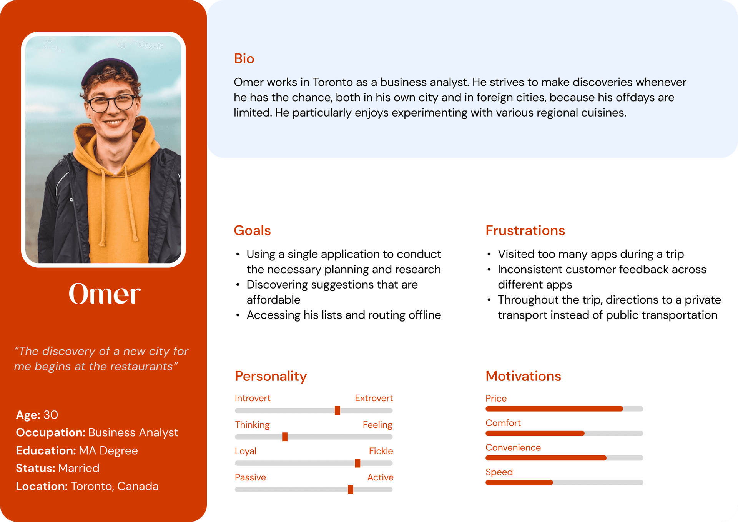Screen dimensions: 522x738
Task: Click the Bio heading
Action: [x=244, y=59]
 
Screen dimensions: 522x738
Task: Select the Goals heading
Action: [x=252, y=230]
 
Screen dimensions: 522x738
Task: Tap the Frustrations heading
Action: [x=525, y=230]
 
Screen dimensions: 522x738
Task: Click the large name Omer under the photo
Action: [x=105, y=294]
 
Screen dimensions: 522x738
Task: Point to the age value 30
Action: [x=51, y=415]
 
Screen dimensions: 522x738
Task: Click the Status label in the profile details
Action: [x=36, y=468]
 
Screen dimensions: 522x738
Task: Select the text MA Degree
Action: [x=108, y=450]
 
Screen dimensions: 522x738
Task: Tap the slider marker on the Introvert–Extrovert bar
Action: [x=337, y=410]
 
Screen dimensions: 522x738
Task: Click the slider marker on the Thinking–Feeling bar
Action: [x=285, y=437]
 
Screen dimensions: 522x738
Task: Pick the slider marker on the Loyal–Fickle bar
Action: [x=357, y=463]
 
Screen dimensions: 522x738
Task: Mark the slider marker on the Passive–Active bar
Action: [x=351, y=489]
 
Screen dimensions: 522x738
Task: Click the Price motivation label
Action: [x=496, y=399]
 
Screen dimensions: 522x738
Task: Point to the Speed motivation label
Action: [x=499, y=472]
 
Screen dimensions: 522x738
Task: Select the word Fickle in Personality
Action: [x=381, y=451]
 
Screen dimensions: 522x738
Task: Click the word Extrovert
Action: [x=374, y=398]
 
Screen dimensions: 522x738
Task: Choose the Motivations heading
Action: [x=523, y=376]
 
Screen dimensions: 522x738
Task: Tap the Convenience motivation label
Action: [x=513, y=447]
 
